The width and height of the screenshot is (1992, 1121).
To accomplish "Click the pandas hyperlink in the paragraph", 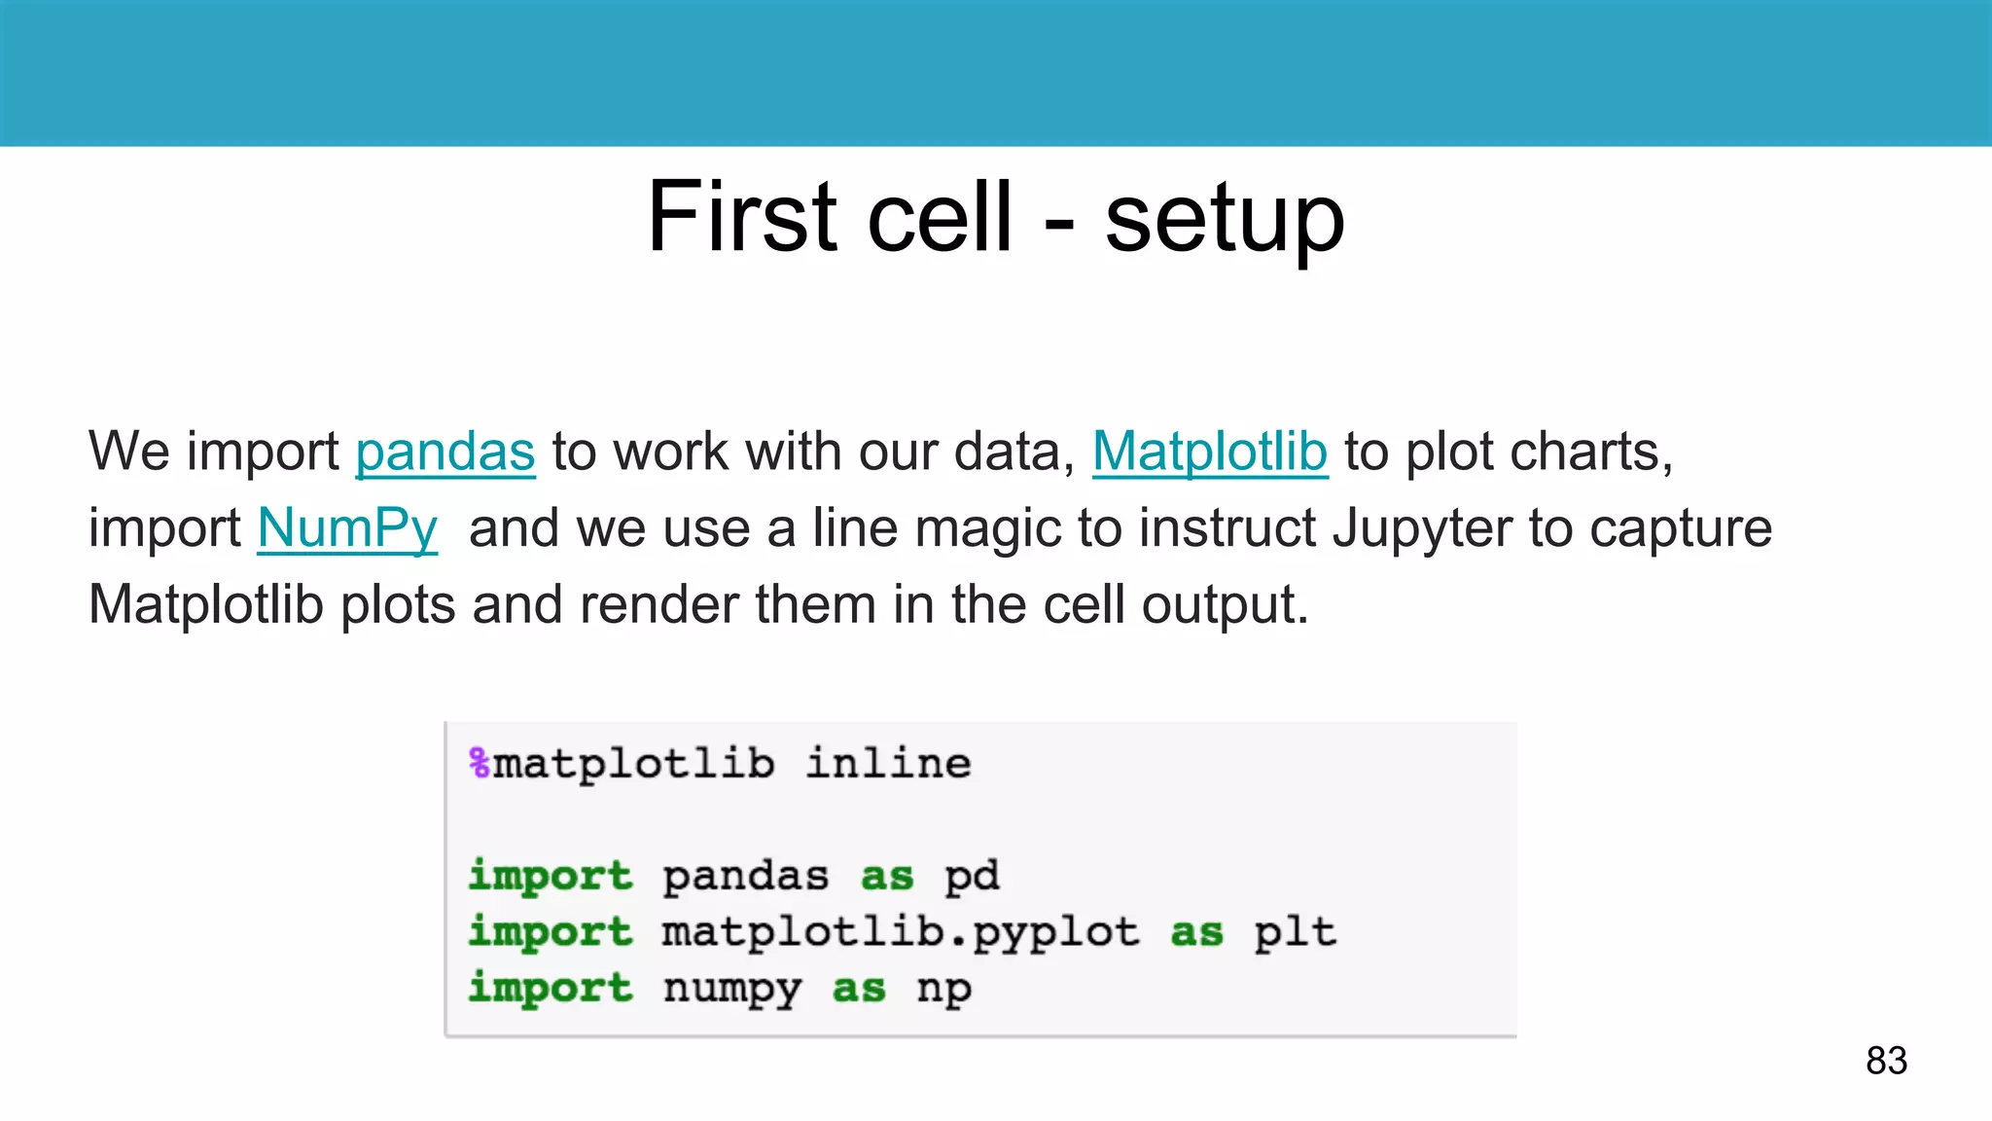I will pyautogui.click(x=445, y=452).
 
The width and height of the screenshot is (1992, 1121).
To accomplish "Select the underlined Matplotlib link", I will pyautogui.click(x=1209, y=452).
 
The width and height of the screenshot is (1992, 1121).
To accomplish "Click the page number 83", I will pyautogui.click(x=1886, y=1060).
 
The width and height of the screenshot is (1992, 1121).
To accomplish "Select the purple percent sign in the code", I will pyautogui.click(x=480, y=763).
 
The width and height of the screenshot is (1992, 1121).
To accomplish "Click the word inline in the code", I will pyautogui.click(x=888, y=763).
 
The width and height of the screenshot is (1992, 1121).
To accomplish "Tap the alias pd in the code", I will pyautogui.click(x=972, y=876).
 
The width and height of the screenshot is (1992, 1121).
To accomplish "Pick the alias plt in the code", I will pyautogui.click(x=1295, y=932).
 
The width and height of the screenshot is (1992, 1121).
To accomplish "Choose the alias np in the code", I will pyautogui.click(x=943, y=989).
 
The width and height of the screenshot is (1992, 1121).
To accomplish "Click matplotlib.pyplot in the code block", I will pyautogui.click(x=900, y=932).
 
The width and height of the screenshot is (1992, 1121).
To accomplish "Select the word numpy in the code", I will pyautogui.click(x=732, y=989).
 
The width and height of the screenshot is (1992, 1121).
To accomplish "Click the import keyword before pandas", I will pyautogui.click(x=551, y=876).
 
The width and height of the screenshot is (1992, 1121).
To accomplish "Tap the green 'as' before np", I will pyautogui.click(x=859, y=989).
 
